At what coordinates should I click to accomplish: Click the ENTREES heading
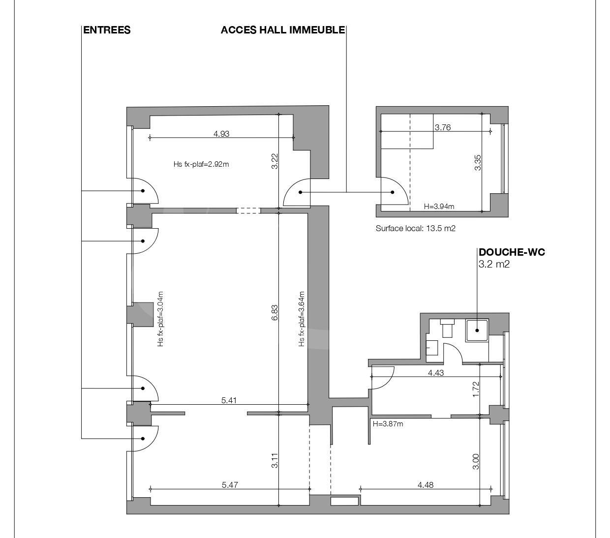pyautogui.click(x=107, y=30)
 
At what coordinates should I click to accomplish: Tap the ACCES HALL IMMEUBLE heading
pyautogui.click(x=283, y=30)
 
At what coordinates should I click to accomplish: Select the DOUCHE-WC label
pyautogui.click(x=512, y=252)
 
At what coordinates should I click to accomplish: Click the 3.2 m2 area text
pyautogui.click(x=494, y=264)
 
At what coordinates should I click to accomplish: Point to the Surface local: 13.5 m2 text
pyautogui.click(x=416, y=228)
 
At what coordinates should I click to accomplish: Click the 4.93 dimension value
pyautogui.click(x=221, y=134)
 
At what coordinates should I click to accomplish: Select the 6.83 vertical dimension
pyautogui.click(x=274, y=313)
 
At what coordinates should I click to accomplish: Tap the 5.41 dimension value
pyautogui.click(x=229, y=400)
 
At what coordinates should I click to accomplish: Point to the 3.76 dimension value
pyautogui.click(x=443, y=127)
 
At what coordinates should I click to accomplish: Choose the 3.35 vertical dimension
pyautogui.click(x=478, y=163)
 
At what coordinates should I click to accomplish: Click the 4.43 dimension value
pyautogui.click(x=436, y=373)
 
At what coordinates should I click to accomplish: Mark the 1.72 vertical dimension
pyautogui.click(x=475, y=389)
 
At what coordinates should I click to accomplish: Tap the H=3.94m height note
pyautogui.click(x=439, y=207)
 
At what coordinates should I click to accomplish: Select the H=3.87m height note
pyautogui.click(x=388, y=424)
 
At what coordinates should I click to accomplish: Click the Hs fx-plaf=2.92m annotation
pyautogui.click(x=201, y=164)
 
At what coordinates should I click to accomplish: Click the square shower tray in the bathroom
pyautogui.click(x=477, y=330)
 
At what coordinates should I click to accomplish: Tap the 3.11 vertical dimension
pyautogui.click(x=274, y=461)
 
